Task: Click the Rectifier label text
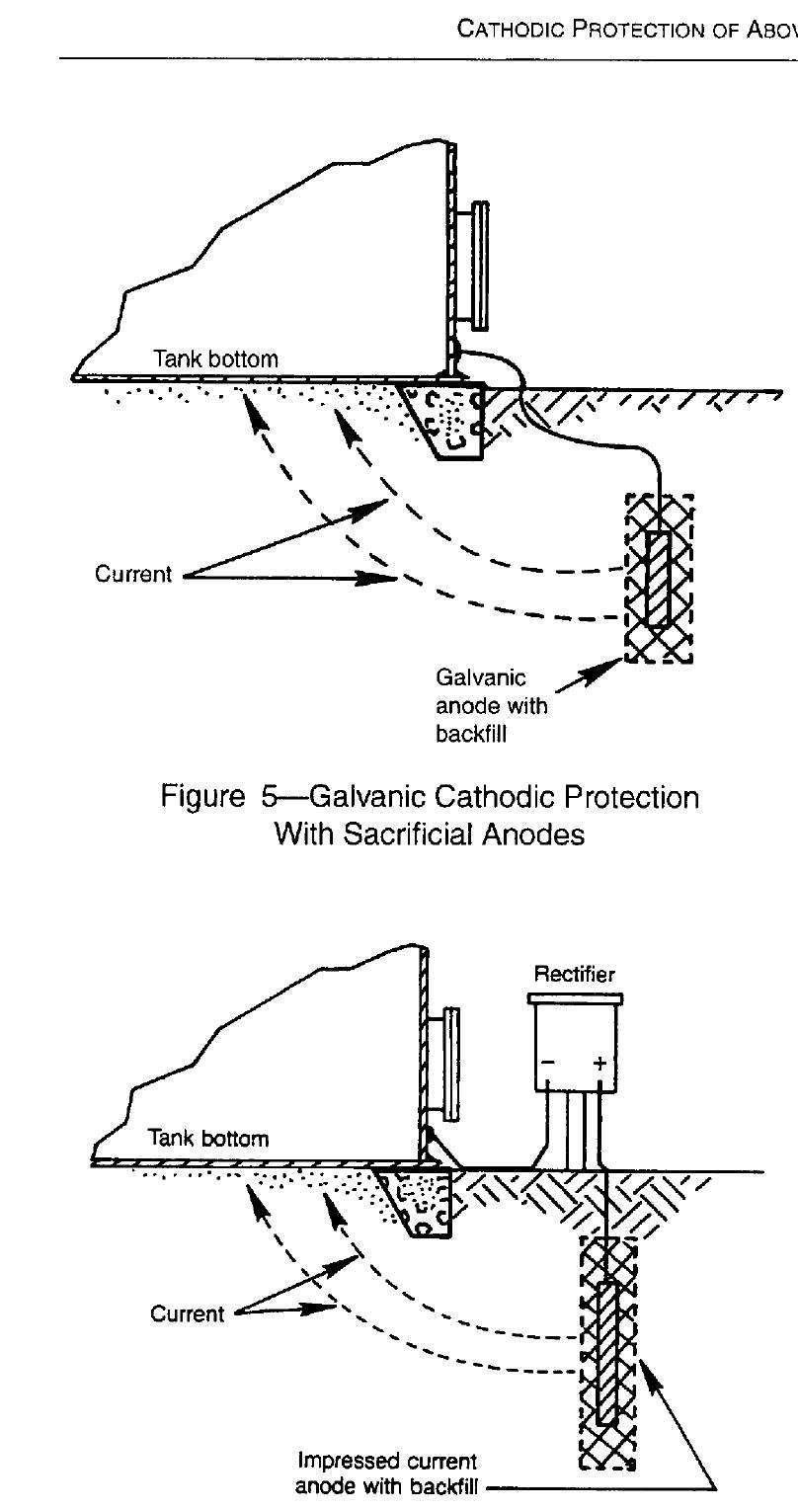(574, 974)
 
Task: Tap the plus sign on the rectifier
(599, 1063)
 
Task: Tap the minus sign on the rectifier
(548, 1063)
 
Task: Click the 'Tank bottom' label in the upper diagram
(215, 358)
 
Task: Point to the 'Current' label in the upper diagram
(133, 574)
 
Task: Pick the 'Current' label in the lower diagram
(187, 1313)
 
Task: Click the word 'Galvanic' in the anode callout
(481, 676)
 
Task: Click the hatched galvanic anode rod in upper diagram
(658, 580)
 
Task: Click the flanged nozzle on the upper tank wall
(472, 266)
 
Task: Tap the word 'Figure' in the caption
(202, 797)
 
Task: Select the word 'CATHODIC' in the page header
(510, 29)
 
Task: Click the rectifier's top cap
(575, 999)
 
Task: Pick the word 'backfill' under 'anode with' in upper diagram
(470, 734)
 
